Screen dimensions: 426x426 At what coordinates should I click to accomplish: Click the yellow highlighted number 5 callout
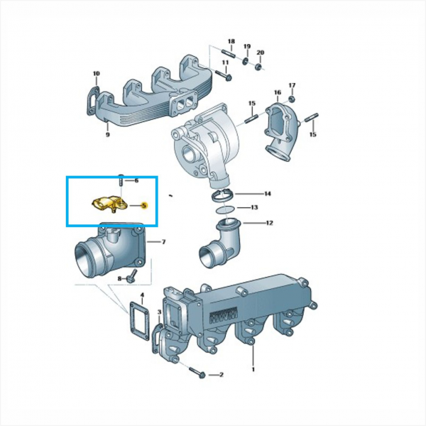tap(144, 205)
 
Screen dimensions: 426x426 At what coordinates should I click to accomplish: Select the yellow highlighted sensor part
tap(109, 204)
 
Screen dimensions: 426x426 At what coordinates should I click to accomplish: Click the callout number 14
tap(268, 193)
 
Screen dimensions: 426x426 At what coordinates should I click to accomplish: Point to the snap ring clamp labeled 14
tap(223, 196)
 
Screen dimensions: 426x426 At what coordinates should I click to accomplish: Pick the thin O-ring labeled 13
tap(226, 209)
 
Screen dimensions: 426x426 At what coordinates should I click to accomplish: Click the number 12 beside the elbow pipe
tap(269, 223)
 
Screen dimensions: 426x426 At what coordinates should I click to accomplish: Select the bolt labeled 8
tap(132, 276)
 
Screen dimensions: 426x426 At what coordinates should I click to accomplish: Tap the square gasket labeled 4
tap(139, 321)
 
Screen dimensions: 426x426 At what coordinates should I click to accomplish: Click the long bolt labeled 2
tap(197, 373)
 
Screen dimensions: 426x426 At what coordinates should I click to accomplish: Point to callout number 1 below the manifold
tap(253, 369)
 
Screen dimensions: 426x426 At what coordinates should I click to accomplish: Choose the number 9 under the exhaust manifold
tap(108, 134)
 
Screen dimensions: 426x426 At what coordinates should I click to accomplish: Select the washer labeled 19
tap(246, 61)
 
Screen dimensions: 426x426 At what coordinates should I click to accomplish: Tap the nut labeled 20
tap(259, 66)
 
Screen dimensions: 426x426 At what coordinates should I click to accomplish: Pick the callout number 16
tap(278, 92)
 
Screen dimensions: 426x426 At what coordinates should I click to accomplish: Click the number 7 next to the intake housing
tap(163, 241)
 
